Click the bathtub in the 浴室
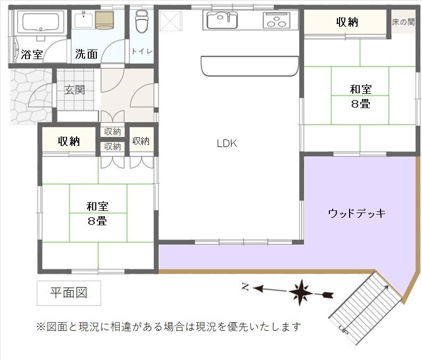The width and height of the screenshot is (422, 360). [x=40, y=22]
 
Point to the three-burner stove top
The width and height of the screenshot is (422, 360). [x=276, y=20]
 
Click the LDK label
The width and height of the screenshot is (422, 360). [x=227, y=143]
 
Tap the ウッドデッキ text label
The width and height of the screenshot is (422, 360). [x=357, y=213]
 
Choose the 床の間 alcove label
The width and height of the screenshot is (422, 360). [x=403, y=22]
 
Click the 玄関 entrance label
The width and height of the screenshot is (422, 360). [x=75, y=89]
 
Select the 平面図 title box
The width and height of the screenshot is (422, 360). [x=69, y=293]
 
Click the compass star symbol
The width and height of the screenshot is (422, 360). [x=301, y=292]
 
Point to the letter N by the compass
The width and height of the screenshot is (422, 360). [x=245, y=287]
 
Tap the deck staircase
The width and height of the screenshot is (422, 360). [x=365, y=308]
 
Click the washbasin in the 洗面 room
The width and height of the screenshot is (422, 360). [x=84, y=19]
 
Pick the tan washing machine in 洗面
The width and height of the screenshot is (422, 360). [x=104, y=20]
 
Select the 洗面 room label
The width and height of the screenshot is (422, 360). [x=86, y=54]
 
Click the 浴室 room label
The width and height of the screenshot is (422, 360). [x=32, y=54]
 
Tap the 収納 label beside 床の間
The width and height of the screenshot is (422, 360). [x=347, y=22]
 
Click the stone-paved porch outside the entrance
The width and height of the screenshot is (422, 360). [x=31, y=96]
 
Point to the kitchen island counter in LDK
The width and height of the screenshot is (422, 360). [x=250, y=66]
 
